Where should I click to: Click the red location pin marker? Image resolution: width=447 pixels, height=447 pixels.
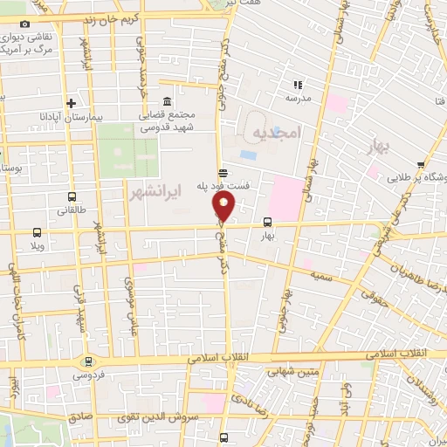pyautogui.click(x=224, y=207)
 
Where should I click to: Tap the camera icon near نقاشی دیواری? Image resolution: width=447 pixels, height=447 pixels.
pyautogui.click(x=24, y=24)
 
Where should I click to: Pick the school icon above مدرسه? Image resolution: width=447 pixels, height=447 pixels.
pyautogui.click(x=298, y=85)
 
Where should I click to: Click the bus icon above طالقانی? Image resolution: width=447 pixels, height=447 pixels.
pyautogui.click(x=72, y=196)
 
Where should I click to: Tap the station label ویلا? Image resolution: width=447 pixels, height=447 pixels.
pyautogui.click(x=38, y=246)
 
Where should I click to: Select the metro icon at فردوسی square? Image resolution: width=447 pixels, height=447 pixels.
pyautogui.click(x=87, y=361)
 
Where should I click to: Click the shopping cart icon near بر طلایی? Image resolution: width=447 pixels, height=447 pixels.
pyautogui.click(x=421, y=164)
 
